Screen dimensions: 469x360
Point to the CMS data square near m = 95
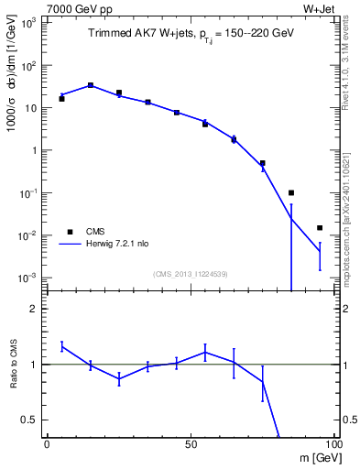(320, 227)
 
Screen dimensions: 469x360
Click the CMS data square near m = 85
(291, 192)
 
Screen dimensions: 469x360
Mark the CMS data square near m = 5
(61, 98)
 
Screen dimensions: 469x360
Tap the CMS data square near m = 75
(262, 163)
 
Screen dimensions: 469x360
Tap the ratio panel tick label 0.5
(29, 420)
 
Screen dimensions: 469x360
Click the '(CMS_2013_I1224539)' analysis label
(190, 272)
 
